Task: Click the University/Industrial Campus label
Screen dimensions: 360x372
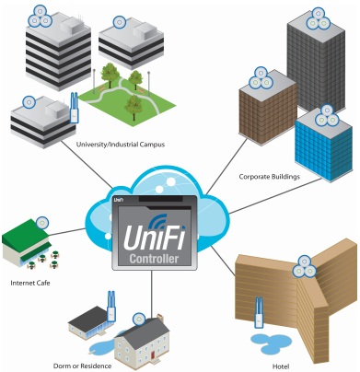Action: tap(121, 145)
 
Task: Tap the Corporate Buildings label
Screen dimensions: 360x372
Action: tap(269, 177)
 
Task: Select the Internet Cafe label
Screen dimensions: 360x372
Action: tap(30, 283)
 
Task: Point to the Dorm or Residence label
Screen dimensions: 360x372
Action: tap(82, 366)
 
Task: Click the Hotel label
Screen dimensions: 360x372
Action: tap(281, 366)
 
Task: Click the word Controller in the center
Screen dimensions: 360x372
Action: tap(154, 259)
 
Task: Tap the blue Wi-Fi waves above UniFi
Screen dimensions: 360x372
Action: tap(157, 221)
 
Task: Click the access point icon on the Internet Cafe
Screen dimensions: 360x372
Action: tap(42, 223)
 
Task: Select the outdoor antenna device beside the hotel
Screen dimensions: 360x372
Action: tap(260, 312)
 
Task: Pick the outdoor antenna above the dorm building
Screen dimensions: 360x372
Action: tap(111, 306)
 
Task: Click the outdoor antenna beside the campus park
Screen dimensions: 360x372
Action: tap(74, 108)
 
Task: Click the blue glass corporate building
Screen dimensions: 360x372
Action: tap(324, 146)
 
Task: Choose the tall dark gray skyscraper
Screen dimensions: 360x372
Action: tap(317, 63)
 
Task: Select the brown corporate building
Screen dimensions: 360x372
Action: tap(268, 108)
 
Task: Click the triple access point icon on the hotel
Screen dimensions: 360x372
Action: tap(304, 266)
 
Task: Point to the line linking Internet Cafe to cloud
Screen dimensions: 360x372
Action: tap(67, 232)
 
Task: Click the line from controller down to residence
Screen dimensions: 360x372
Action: tap(152, 295)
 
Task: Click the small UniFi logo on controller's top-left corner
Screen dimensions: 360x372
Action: tap(119, 200)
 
